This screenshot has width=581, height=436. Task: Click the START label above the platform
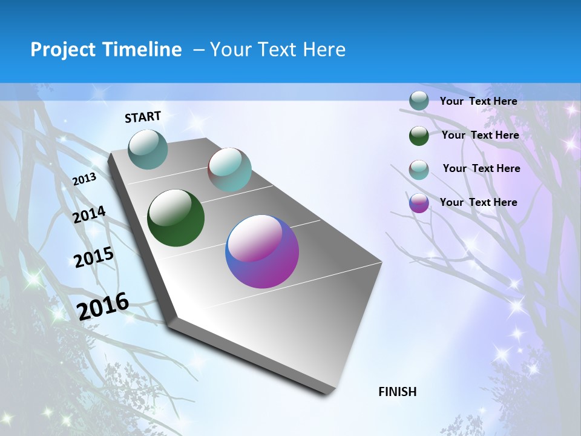pyautogui.click(x=143, y=117)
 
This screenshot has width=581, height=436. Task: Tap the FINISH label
pyautogui.click(x=397, y=392)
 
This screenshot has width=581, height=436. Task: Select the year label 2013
pyautogui.click(x=84, y=179)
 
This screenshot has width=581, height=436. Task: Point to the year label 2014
pyautogui.click(x=89, y=215)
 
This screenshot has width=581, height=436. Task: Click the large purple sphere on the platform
pyautogui.click(x=262, y=251)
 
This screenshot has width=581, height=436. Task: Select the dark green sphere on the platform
pyautogui.click(x=176, y=218)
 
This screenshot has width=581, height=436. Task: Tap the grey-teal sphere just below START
pyautogui.click(x=148, y=149)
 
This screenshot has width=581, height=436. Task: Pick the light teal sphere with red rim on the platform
pyautogui.click(x=229, y=170)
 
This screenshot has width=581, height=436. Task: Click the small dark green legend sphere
pyautogui.click(x=419, y=136)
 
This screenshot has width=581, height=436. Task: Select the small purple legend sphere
pyautogui.click(x=419, y=203)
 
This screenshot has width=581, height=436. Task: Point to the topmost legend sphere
pyautogui.click(x=419, y=101)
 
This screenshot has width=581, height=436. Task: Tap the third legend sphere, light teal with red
pyautogui.click(x=419, y=170)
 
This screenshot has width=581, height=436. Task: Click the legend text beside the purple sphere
pyautogui.click(x=478, y=202)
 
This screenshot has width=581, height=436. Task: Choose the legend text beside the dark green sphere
pyautogui.click(x=480, y=135)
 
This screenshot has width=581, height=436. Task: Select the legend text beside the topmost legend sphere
pyautogui.click(x=478, y=101)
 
